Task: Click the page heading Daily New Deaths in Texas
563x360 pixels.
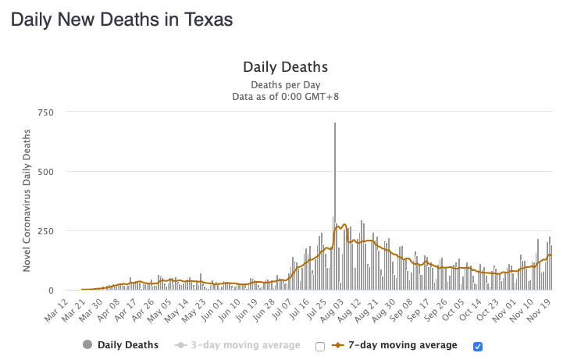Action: tap(122, 20)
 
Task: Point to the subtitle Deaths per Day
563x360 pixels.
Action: tap(285, 84)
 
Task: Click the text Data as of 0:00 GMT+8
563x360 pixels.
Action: tap(285, 96)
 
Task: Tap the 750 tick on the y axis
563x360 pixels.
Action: tap(45, 112)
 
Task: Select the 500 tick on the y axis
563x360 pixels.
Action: tap(45, 172)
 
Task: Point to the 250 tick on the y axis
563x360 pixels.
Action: tap(45, 231)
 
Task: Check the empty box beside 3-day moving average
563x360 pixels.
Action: tap(319, 345)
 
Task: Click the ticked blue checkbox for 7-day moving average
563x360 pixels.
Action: tap(479, 345)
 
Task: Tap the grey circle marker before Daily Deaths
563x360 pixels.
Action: tap(87, 344)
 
